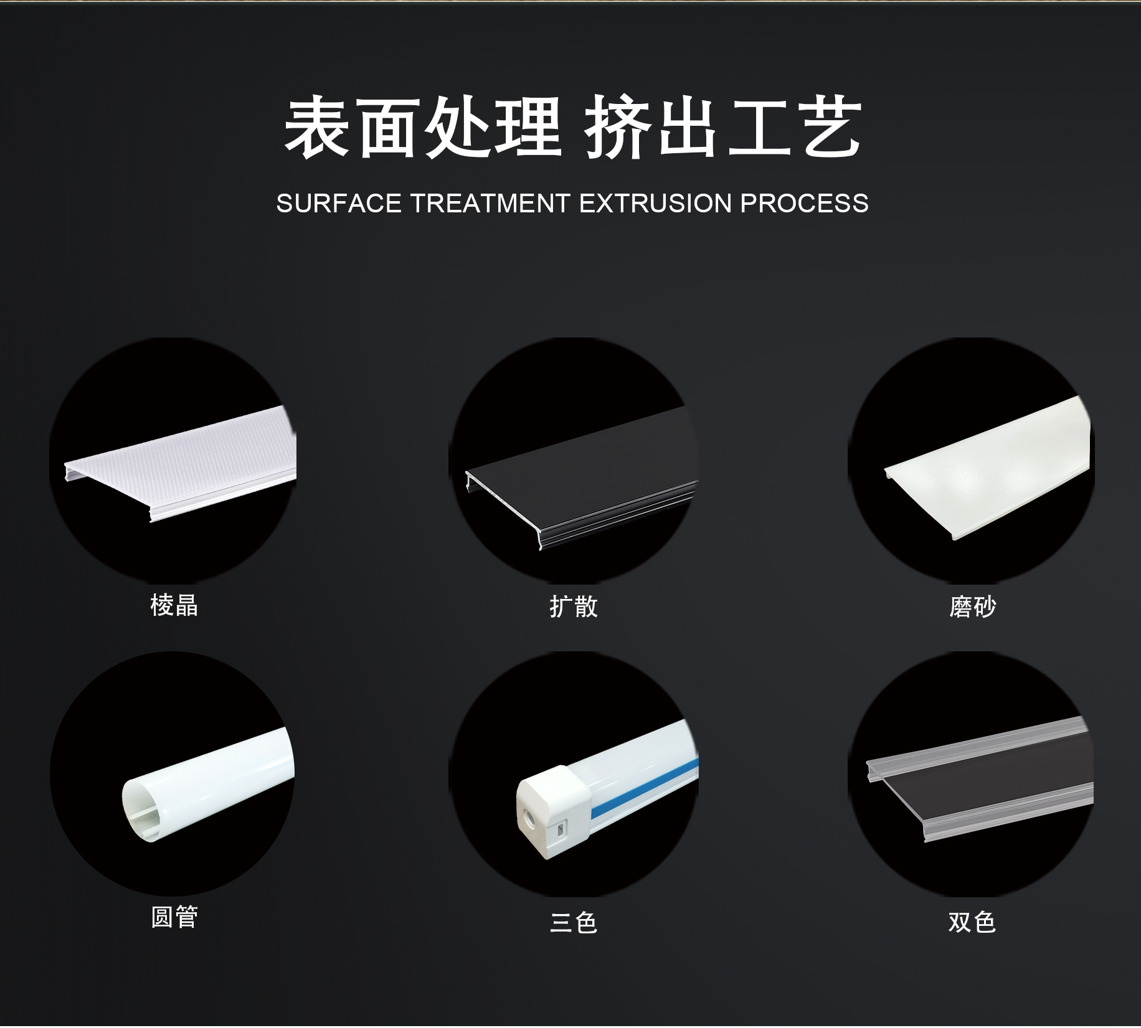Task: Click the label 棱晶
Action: tap(174, 605)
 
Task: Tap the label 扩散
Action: tap(574, 606)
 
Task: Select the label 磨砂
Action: tap(973, 606)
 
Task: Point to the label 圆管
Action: tap(174, 917)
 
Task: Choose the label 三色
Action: tap(574, 922)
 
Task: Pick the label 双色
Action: tap(972, 922)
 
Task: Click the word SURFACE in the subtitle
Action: tap(339, 204)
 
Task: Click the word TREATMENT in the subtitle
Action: tap(490, 204)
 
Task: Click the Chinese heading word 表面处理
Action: tap(422, 127)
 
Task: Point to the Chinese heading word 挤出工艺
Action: tap(723, 127)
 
